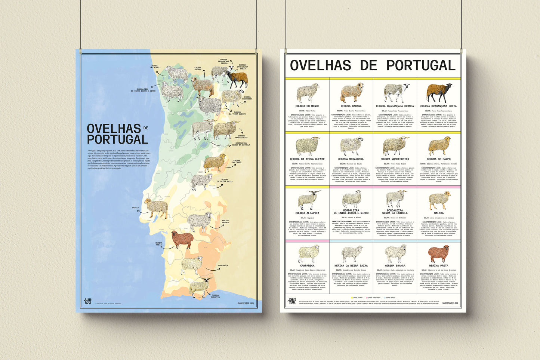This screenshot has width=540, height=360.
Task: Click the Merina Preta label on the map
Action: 159,244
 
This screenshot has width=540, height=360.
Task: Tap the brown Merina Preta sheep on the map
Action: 182,240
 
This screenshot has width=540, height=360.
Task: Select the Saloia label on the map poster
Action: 135,207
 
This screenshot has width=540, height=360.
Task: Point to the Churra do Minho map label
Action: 154,66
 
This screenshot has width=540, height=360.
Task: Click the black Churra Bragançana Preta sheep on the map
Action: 237,79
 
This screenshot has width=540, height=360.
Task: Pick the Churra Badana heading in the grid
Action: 351,106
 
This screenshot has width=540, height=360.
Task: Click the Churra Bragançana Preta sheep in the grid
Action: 438,92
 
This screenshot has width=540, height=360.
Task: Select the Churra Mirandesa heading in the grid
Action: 351,159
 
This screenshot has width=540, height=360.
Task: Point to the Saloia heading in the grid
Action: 438,213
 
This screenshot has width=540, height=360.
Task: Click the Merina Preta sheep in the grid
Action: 438,254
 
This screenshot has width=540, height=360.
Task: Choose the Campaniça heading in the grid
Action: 307,266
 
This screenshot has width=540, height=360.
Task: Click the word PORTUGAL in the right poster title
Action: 421,66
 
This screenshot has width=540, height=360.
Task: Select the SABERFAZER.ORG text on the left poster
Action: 246,303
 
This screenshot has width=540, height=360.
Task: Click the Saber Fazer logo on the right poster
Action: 292,301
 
